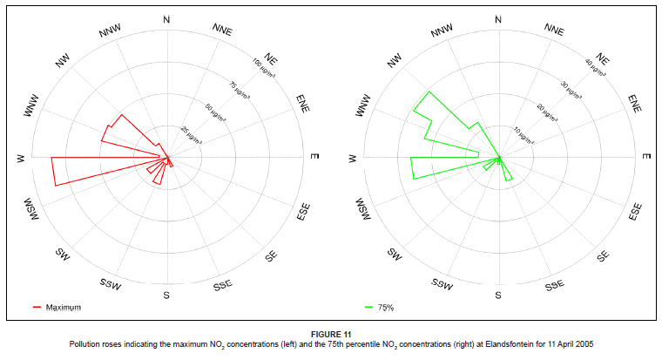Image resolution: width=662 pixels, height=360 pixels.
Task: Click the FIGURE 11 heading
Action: click(x=331, y=335)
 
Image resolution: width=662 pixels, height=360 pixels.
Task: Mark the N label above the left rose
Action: click(x=165, y=18)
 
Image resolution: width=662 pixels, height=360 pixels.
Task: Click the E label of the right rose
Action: click(x=645, y=157)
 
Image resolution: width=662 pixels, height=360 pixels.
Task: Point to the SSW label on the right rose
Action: click(x=441, y=284)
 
